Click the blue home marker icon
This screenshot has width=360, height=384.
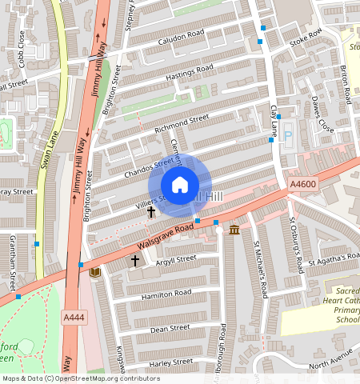[x=180, y=185]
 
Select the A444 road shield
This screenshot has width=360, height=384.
[x=74, y=318]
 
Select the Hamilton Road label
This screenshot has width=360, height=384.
[x=166, y=294]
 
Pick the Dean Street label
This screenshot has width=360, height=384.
[x=170, y=328]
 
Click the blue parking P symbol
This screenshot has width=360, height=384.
[x=289, y=138]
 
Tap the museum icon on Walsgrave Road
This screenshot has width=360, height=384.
[x=234, y=230]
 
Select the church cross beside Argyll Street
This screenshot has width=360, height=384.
[x=134, y=260]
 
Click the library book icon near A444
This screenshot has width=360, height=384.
[x=95, y=273]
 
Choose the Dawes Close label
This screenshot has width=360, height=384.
[x=322, y=116]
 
